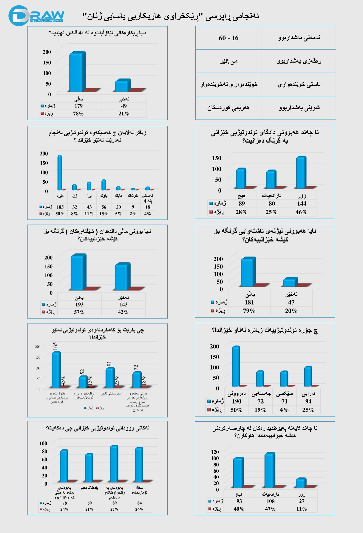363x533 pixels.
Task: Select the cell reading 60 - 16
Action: pos(229,38)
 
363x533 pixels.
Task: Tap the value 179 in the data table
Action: pos(78,106)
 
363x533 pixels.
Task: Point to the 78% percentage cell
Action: pos(78,114)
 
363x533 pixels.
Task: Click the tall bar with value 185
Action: pos(60,173)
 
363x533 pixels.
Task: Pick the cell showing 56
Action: pos(104,207)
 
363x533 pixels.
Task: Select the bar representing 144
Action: pos(301,173)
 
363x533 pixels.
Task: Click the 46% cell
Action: pos(301,212)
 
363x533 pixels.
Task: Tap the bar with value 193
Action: pos(78,272)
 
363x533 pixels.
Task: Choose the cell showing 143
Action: pos(123,304)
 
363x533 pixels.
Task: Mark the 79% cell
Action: pos(249,310)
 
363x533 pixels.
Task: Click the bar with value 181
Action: pos(248,272)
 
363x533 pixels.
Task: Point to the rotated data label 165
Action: pos(55,346)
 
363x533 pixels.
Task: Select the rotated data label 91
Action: pos(109,364)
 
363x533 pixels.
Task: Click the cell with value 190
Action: pos(236,401)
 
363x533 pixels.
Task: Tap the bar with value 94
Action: pos(308,376)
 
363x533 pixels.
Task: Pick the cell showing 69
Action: pos(89,503)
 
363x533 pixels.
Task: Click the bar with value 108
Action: pos(270,470)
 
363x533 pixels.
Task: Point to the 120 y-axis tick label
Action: pos(215,452)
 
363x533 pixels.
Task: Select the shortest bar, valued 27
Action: pos(301,483)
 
